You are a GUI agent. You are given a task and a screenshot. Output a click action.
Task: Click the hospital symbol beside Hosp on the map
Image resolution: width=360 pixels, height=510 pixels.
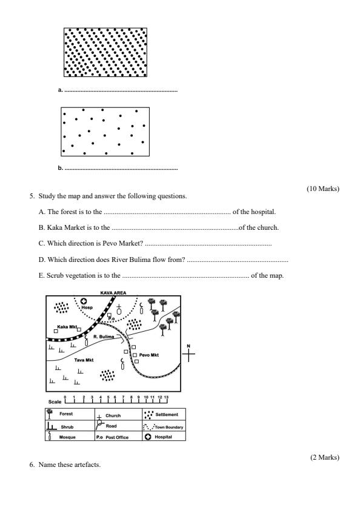84,301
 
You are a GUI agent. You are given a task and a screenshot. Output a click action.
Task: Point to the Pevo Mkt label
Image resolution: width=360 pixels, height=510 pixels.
149,355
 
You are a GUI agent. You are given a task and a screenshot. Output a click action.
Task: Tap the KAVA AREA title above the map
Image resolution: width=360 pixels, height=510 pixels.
113,292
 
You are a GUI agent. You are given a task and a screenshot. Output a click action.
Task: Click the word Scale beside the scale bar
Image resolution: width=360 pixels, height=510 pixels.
54,401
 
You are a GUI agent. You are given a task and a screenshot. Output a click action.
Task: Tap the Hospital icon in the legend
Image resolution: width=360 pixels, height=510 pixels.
148,436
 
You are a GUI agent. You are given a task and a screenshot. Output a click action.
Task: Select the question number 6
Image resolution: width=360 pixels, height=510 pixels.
32,465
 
